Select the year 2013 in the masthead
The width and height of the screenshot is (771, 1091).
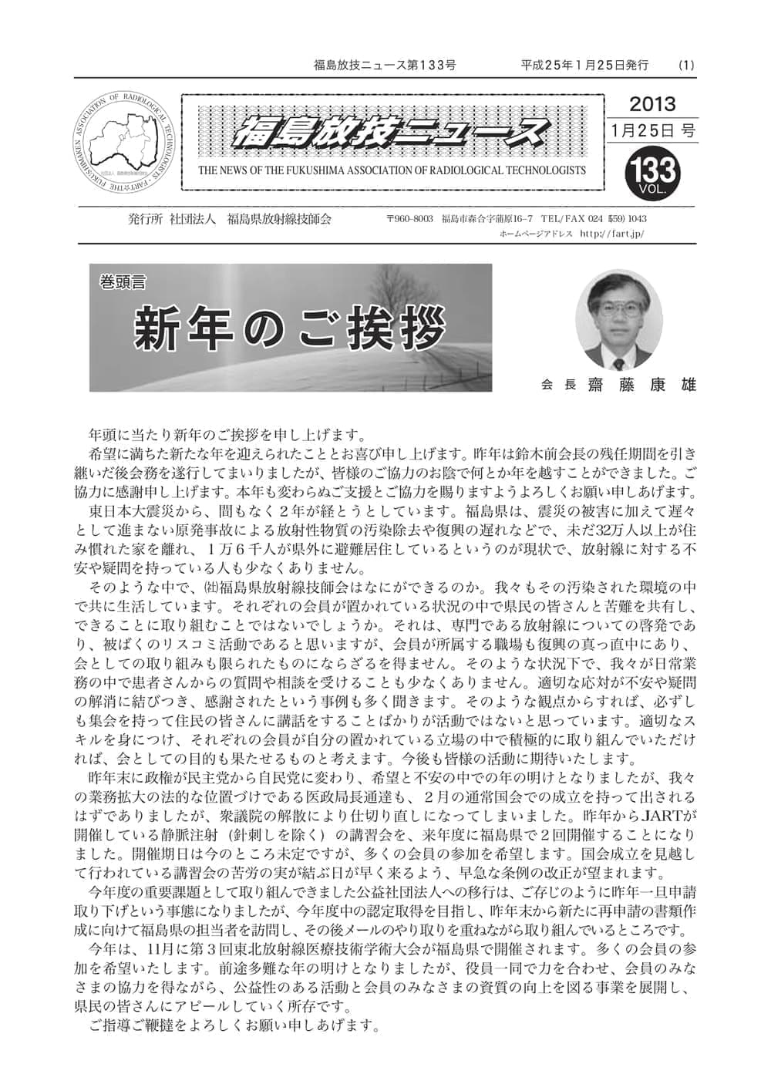[651, 104]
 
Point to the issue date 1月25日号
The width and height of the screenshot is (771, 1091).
[651, 131]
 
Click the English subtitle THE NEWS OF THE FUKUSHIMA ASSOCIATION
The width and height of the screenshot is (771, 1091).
[392, 170]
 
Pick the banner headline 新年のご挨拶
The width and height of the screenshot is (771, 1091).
[290, 328]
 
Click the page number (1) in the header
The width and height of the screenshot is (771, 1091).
[685, 66]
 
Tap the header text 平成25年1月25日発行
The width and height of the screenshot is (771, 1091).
[584, 66]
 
